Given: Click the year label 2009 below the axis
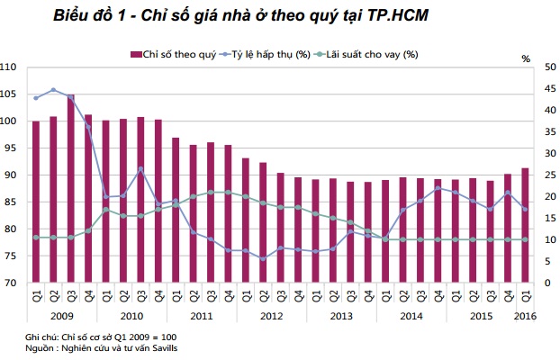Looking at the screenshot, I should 61,316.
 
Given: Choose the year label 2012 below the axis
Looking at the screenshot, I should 271,316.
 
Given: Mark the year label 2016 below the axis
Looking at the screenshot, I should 525,316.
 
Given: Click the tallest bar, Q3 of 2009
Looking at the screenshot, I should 71,189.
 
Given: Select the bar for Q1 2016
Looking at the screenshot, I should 525,225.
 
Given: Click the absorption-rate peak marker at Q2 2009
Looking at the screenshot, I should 53,90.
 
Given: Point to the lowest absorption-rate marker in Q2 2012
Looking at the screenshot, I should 263,259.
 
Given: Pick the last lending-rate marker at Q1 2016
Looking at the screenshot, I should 525,239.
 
